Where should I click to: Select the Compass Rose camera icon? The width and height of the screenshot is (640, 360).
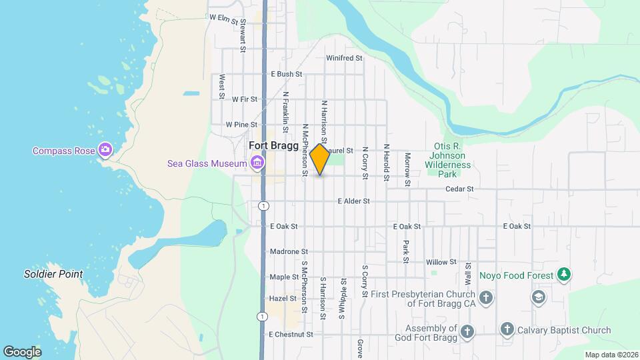[105, 150]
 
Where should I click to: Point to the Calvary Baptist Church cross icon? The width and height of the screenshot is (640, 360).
[507, 330]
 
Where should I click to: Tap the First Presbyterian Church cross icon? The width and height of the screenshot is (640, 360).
[487, 298]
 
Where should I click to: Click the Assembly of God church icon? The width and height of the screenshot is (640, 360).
[467, 331]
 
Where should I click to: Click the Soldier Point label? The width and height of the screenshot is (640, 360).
[53, 274]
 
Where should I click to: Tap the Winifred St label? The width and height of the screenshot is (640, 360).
[344, 58]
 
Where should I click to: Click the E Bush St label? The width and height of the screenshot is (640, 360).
[287, 74]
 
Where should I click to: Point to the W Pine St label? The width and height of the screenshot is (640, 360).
[241, 124]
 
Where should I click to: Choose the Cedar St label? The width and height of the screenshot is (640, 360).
[459, 189]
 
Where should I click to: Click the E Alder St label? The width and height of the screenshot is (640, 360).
[353, 201]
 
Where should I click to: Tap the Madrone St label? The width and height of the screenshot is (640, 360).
[289, 252]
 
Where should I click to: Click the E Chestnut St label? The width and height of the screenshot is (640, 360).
[290, 334]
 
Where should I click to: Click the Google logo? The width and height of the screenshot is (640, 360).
[22, 352]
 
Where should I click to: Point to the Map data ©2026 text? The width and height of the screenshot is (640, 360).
[611, 355]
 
